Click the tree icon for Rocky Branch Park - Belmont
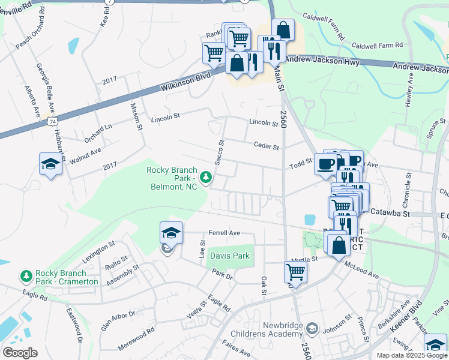(x=206, y=176)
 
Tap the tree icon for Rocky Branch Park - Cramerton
(x=26, y=275)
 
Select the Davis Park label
(x=229, y=256)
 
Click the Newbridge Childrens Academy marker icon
(x=311, y=328)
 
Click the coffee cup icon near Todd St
(x=325, y=163)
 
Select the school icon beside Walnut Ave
(x=50, y=164)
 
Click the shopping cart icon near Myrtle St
(x=295, y=271)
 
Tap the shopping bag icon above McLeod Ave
(x=339, y=245)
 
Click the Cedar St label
(x=267, y=146)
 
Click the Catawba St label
(x=393, y=213)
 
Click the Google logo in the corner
(x=19, y=352)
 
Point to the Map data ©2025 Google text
(x=411, y=355)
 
